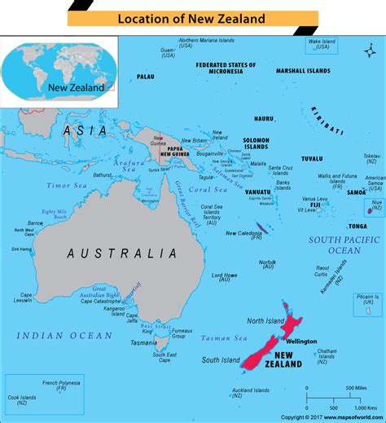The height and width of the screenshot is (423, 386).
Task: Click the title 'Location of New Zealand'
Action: (x=193, y=17)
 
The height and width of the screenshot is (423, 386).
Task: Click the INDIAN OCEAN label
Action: (x=65, y=335)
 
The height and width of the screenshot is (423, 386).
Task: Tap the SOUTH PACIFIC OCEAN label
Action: (x=344, y=245)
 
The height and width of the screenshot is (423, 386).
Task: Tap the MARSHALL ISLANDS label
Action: (x=304, y=71)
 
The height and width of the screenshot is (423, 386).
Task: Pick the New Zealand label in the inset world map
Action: (x=75, y=87)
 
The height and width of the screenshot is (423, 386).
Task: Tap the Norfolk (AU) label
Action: (x=267, y=264)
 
